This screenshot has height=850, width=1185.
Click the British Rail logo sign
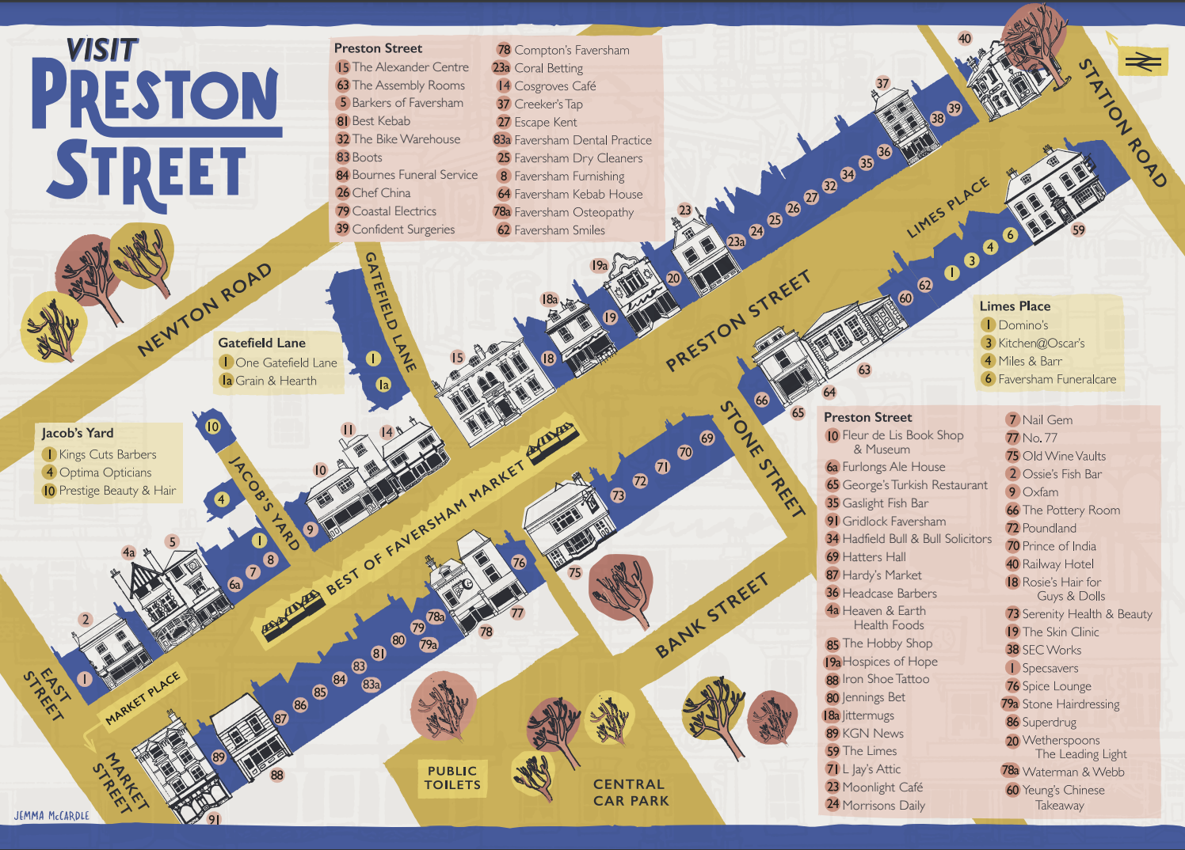(1143, 62)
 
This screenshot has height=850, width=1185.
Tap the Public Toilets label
(452, 778)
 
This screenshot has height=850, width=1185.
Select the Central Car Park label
(630, 792)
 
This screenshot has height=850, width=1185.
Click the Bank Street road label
(711, 617)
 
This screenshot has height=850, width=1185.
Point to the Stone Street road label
(762, 458)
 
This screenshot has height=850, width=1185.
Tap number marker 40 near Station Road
(964, 38)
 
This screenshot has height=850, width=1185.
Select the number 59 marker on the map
(1078, 230)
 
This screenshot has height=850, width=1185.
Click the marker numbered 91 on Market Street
(214, 819)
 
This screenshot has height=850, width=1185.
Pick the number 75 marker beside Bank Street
(574, 572)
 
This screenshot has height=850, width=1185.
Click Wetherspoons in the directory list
(1060, 740)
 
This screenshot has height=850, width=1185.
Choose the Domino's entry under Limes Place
(1022, 324)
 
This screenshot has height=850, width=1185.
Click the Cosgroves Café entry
(554, 85)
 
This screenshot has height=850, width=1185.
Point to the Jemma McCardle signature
(51, 815)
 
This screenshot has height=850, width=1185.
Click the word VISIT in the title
(102, 51)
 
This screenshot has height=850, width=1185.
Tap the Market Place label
(143, 696)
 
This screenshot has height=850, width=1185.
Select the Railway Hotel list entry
(1057, 564)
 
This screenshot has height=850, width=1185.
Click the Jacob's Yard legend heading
(78, 433)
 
